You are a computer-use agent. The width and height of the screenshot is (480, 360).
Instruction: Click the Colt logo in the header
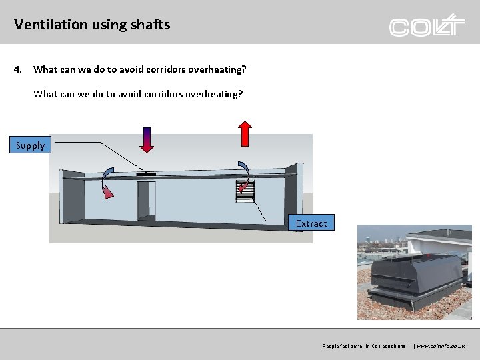point(427,25)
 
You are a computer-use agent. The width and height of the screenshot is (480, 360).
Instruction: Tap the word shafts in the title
point(151,25)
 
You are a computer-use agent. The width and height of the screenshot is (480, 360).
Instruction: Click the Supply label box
point(30,145)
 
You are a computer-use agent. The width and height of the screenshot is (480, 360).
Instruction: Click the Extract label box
point(311,223)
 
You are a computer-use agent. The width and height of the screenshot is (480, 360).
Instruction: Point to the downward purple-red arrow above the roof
point(147,139)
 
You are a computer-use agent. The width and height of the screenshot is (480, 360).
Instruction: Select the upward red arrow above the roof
point(245,133)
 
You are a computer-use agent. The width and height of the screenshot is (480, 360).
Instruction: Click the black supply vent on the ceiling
point(145,174)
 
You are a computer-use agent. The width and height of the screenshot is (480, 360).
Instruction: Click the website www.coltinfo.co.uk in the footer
point(441,346)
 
